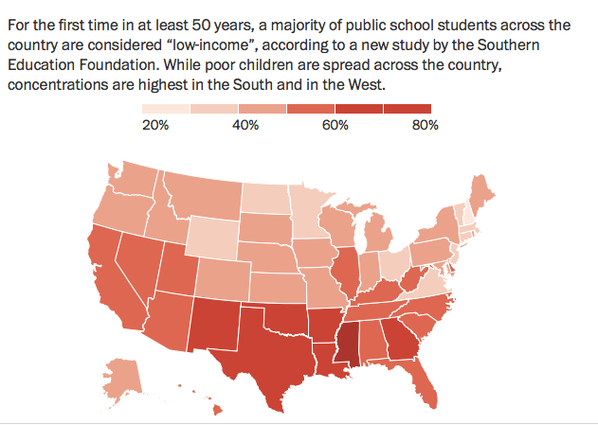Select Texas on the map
(x=273, y=354)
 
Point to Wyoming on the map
(x=213, y=237)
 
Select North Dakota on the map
(x=264, y=198)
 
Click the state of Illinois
(x=346, y=271)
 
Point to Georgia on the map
(x=401, y=339)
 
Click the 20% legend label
(x=155, y=125)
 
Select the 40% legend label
(x=245, y=125)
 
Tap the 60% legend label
(x=335, y=125)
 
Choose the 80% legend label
(x=426, y=125)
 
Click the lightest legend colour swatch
(x=166, y=109)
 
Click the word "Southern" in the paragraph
(x=508, y=44)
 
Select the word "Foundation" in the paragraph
(x=118, y=64)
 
